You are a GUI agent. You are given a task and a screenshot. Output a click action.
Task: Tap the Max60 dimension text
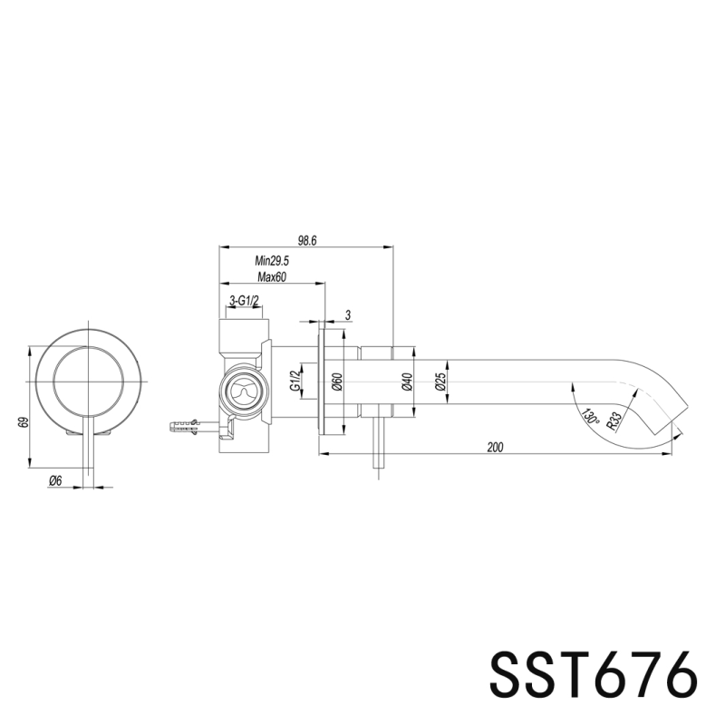pos(271,277)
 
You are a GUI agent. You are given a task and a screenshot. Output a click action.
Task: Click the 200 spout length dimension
pos(496,447)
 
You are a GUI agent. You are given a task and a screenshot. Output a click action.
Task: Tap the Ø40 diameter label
pos(407,382)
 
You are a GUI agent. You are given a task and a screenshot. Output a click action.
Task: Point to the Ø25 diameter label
pos(440,382)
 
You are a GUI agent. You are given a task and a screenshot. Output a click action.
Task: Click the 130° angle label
pos(590,416)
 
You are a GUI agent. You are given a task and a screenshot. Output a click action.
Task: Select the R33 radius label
pos(615,420)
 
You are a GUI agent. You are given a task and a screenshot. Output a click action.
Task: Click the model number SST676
pos(594,673)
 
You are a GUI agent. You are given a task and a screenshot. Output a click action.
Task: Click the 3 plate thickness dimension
pos(348,314)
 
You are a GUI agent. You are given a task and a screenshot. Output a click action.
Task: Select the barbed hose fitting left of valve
pos(187,423)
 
